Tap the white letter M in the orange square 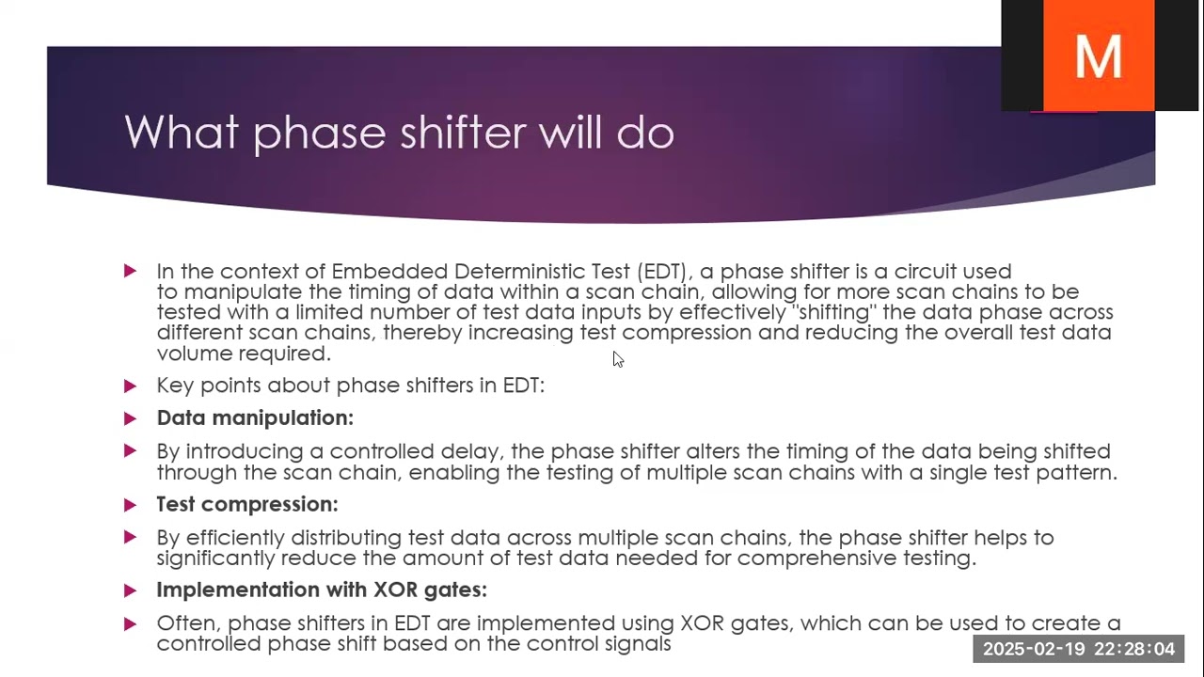tap(1098, 56)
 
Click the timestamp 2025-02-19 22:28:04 tap(1078, 649)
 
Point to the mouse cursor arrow tap(617, 359)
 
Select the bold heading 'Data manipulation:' tap(255, 417)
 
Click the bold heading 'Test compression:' tap(247, 504)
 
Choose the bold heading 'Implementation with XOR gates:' tap(322, 590)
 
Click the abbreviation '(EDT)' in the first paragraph tap(663, 272)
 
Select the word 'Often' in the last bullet tap(186, 623)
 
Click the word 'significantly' tap(225, 559)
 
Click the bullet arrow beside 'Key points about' tap(130, 386)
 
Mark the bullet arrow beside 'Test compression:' tap(130, 504)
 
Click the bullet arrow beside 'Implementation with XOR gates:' tap(130, 590)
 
